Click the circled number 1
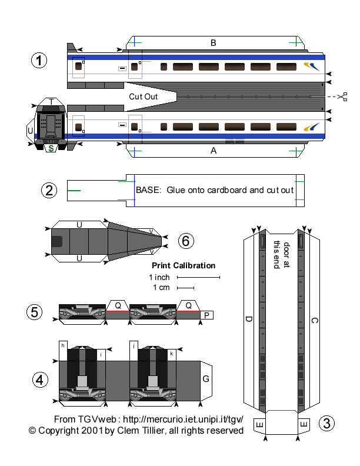pos(39,61)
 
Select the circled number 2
pos(49,190)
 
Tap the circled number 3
pos(328,423)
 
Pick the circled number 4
pos(39,380)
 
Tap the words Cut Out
pos(143,96)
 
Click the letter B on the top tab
pos(214,42)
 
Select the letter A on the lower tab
pos(214,150)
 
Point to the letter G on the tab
pos(206,379)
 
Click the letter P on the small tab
pos(206,315)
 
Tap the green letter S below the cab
pos(52,148)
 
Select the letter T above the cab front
pos(52,102)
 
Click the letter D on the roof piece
pos(249,319)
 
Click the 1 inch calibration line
pos(198,277)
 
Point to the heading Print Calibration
pos(184,265)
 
